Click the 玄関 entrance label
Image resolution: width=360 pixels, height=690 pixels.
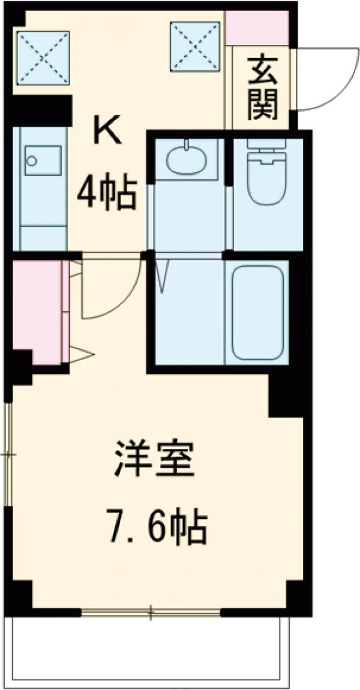[262, 88]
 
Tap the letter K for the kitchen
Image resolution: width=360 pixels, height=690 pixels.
[107, 131]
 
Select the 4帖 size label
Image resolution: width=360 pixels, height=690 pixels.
[106, 191]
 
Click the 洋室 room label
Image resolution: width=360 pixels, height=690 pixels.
[155, 460]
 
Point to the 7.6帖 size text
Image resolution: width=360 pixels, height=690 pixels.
[158, 526]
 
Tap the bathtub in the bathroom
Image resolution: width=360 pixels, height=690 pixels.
[257, 313]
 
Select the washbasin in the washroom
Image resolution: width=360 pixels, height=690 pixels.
[186, 159]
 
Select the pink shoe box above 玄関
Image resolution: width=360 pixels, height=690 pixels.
[257, 28]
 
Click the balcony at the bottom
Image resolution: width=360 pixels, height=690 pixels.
[150, 648]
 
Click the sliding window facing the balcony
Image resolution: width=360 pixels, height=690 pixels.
[151, 613]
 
